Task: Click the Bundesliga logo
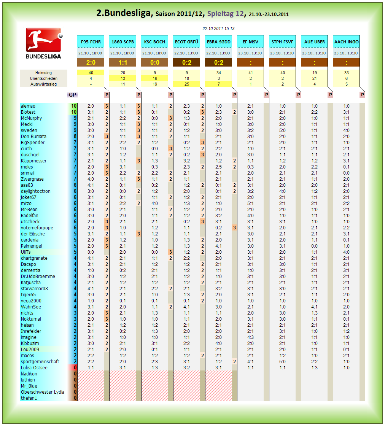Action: point(43,43)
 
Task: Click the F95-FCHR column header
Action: point(91,42)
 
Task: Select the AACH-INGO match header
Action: point(346,42)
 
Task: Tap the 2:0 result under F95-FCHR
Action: point(91,63)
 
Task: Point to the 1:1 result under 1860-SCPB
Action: point(123,63)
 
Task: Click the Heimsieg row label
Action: point(43,73)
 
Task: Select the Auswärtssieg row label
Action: point(43,84)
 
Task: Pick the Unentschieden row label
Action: point(43,78)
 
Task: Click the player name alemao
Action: point(28,106)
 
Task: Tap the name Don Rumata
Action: point(33,137)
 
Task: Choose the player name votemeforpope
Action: point(37,228)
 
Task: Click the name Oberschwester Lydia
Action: point(43,392)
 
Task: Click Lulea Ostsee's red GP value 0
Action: point(75,368)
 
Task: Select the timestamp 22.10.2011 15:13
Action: point(218,29)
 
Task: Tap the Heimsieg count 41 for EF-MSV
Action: point(250,73)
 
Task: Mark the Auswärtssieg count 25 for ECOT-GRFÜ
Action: point(186,84)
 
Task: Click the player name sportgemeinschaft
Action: point(40,362)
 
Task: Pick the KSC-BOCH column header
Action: point(154,42)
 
